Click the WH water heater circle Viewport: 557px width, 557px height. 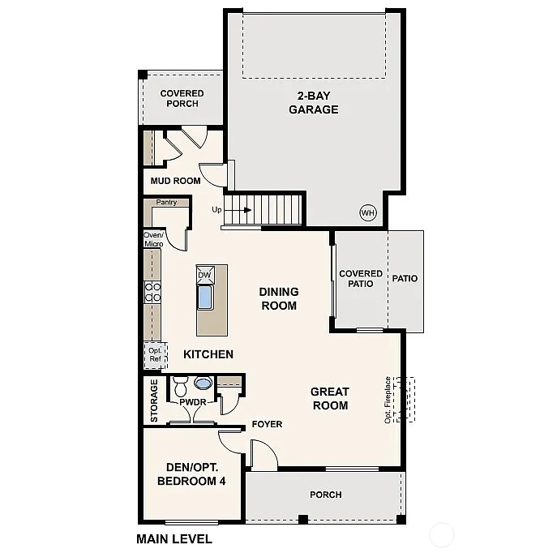[368, 213]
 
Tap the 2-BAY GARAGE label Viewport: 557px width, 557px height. [313, 102]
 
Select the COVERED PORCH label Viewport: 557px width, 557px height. [182, 98]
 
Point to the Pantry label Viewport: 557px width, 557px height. [166, 203]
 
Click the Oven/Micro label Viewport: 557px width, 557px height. [153, 239]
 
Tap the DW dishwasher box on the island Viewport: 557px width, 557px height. [204, 275]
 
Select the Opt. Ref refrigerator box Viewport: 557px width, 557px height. [154, 354]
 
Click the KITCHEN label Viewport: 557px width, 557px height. [208, 354]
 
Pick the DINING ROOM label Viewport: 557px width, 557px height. [278, 298]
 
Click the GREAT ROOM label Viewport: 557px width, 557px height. [329, 398]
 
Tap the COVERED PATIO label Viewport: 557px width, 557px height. [361, 279]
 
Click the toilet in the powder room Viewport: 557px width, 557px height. [181, 382]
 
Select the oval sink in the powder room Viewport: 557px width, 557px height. [204, 383]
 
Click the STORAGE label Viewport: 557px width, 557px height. [154, 401]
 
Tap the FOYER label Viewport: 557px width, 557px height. [267, 424]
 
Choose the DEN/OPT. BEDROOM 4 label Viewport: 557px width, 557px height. [191, 474]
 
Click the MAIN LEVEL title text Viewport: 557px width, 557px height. [174, 538]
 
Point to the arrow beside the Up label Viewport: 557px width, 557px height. [239, 209]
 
